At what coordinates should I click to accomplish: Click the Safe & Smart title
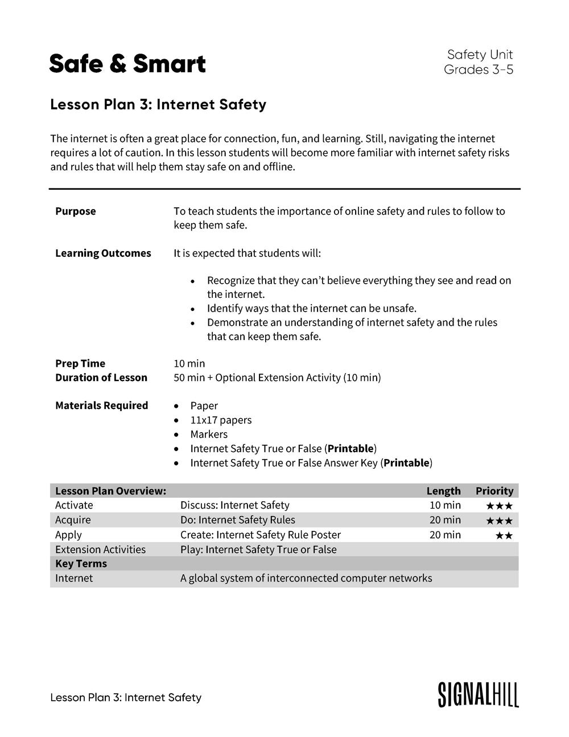[127, 64]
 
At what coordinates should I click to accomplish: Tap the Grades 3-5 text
[478, 69]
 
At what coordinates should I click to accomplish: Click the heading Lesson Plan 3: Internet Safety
[158, 105]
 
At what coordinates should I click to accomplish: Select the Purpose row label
[75, 211]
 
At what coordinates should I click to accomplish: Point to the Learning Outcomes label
[103, 253]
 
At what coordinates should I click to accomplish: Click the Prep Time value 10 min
[189, 363]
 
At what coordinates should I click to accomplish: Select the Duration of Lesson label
[101, 378]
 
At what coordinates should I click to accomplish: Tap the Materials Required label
[101, 406]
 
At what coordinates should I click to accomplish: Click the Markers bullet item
[208, 434]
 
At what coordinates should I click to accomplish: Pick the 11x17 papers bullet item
[220, 420]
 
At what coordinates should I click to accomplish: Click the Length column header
[443, 491]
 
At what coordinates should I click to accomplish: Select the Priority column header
[494, 491]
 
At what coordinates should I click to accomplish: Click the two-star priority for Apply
[504, 535]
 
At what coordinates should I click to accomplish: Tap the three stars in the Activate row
[499, 506]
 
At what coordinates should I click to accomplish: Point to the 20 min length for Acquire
[445, 520]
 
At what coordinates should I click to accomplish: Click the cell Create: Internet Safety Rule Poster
[260, 535]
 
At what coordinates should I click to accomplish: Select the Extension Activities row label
[100, 550]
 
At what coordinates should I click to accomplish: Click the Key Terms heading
[81, 564]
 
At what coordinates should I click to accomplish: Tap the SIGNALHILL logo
[478, 694]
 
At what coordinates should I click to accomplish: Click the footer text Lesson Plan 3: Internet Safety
[126, 698]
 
